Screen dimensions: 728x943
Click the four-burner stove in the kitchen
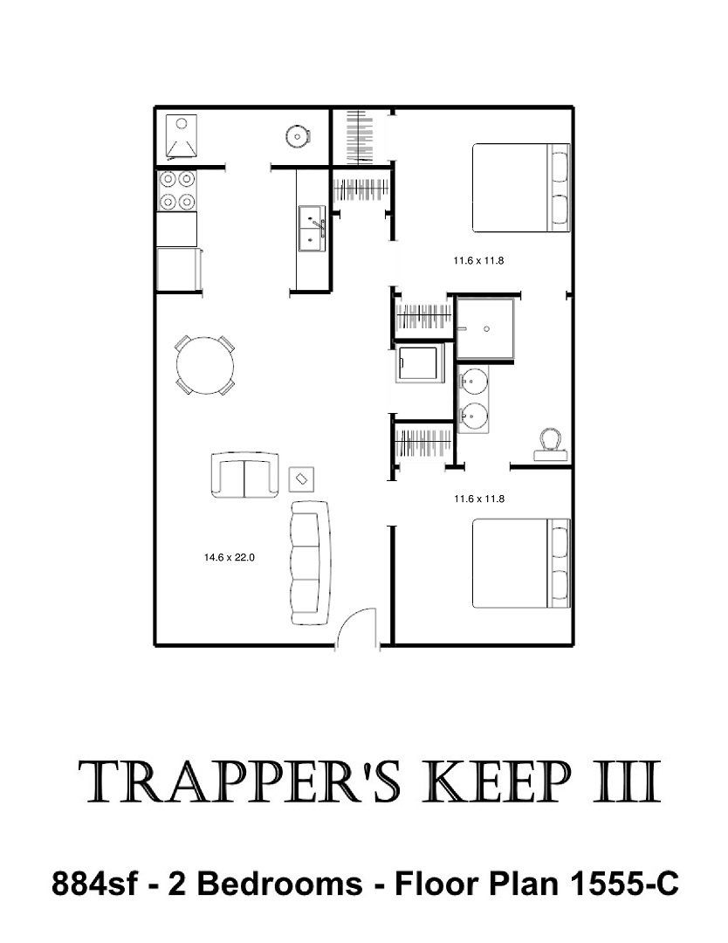tap(176, 190)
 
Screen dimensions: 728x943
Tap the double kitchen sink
tap(312, 229)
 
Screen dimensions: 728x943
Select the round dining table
tap(205, 365)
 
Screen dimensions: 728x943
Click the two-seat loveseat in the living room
tap(245, 475)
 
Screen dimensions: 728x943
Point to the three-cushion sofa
tap(310, 563)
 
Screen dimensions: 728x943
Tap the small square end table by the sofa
tap(302, 479)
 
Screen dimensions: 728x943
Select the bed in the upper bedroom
tap(520, 188)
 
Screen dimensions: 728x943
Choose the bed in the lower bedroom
tap(520, 563)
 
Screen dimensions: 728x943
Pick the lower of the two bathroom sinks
tap(474, 414)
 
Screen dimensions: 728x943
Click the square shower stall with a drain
tap(485, 329)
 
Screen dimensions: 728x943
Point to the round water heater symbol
tap(297, 136)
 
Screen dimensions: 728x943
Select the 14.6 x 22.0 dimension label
tap(229, 557)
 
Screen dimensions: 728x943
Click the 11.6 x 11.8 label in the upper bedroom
tap(478, 261)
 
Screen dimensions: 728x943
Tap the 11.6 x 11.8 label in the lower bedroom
tap(479, 499)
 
